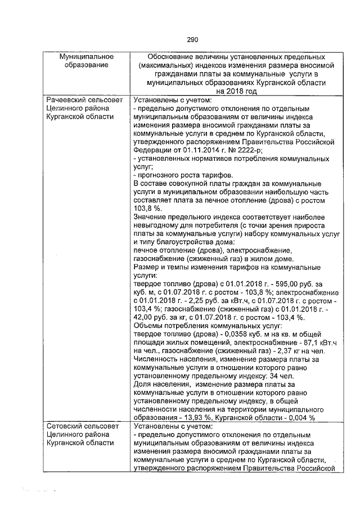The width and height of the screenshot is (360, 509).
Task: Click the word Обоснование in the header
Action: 174,57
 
